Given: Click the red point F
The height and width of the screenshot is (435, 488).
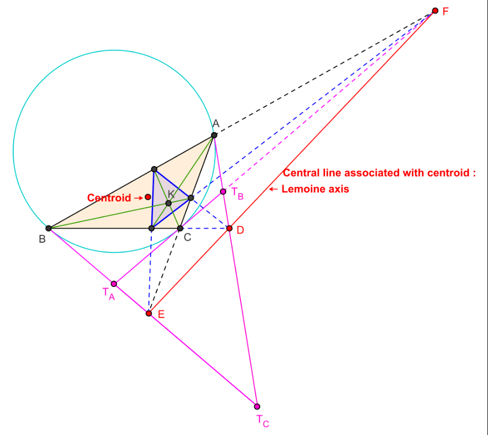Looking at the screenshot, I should pos(435,11).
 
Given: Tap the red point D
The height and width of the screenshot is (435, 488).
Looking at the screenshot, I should pos(229,228).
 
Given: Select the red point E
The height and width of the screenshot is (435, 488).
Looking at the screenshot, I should pos(149,313).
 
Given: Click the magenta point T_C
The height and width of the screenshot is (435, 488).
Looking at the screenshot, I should pos(257,406).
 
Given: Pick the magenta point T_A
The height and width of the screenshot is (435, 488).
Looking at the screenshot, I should pos(114,284).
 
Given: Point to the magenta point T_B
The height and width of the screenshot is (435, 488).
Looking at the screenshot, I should pos(223,191).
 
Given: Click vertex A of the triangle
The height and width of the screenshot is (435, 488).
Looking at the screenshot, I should pos(214,135).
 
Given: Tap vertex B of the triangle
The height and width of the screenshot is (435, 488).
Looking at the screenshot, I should pos(49,228).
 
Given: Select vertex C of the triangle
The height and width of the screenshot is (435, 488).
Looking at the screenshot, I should pos(180,228).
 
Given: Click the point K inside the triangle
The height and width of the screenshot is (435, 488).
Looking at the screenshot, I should pos(169,203).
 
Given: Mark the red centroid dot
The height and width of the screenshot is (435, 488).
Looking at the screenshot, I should pos(148,197).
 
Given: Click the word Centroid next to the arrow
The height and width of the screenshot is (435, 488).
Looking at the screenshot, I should pos(108,198).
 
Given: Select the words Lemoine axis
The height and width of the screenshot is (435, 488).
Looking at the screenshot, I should pos(315,189).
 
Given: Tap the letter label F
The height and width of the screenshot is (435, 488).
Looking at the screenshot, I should pos(446,11).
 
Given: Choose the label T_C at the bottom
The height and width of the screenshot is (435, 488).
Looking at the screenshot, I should pos(263,421).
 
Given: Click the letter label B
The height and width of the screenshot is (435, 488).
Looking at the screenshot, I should pos(42,239).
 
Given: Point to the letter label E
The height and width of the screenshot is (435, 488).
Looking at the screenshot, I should pos(161,314).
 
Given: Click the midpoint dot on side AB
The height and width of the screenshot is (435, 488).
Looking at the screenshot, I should pos(154,169).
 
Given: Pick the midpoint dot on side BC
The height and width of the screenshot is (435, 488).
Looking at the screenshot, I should pos(151,228).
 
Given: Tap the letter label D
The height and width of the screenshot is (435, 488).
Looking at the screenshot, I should pos(241,230).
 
